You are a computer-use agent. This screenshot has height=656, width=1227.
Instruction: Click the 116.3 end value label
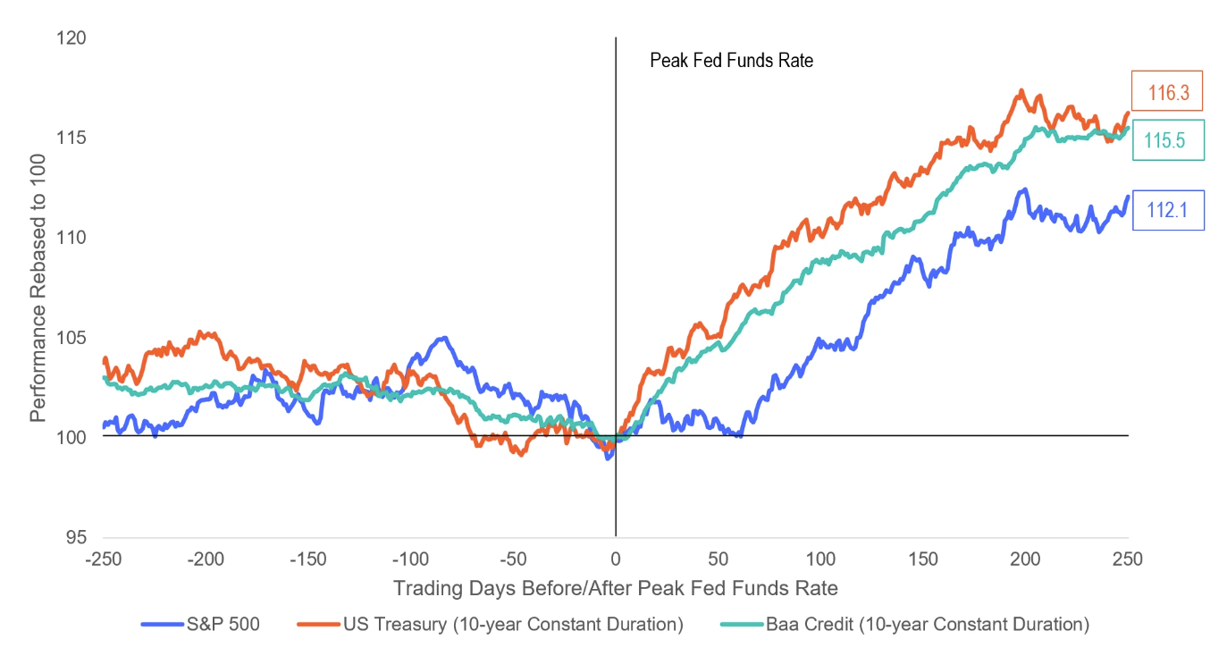click(x=1167, y=90)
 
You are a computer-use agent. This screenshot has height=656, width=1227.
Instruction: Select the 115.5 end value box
click(x=1168, y=140)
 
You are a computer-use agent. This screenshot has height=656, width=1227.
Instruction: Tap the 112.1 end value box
click(x=1168, y=211)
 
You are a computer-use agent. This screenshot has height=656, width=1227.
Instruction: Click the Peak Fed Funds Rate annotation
click(x=731, y=62)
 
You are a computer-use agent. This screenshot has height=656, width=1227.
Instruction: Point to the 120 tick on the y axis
click(x=72, y=38)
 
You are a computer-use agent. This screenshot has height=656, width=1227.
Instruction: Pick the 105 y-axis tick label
click(x=72, y=338)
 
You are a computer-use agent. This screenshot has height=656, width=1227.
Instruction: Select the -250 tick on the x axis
click(x=104, y=560)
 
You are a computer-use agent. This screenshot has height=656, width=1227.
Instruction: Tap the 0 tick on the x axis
click(x=616, y=560)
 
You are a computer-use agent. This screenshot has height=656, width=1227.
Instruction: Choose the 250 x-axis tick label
click(x=1128, y=560)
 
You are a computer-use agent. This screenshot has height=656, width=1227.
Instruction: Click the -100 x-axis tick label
click(x=411, y=560)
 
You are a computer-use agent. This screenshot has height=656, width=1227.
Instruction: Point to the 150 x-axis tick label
click(x=923, y=560)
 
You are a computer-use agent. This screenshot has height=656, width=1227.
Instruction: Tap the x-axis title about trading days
click(x=616, y=588)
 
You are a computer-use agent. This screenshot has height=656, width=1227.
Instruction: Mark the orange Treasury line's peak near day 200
click(x=1021, y=90)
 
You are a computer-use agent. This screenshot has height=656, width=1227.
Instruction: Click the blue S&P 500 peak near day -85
click(x=441, y=338)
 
